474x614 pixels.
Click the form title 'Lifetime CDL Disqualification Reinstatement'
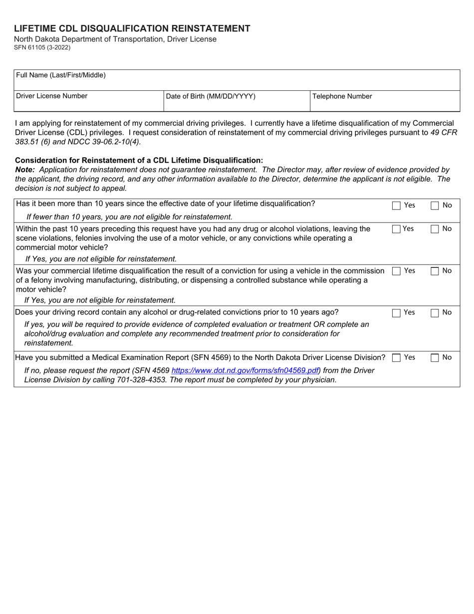click(x=132, y=28)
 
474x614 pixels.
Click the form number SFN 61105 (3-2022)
click(x=42, y=48)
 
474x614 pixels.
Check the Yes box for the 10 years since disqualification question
click(x=397, y=205)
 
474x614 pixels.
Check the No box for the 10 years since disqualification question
click(x=435, y=205)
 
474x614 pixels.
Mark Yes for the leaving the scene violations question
click(x=397, y=229)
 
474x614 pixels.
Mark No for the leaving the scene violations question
click(x=435, y=229)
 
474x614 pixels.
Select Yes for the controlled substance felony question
click(x=397, y=271)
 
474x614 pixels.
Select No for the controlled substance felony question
click(x=435, y=271)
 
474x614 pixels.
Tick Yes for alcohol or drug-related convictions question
click(x=397, y=313)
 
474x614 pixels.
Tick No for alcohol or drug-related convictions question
click(x=435, y=313)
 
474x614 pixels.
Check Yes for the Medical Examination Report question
click(x=397, y=358)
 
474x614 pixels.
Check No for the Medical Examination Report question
click(x=435, y=358)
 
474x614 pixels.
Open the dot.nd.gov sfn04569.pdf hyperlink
click(x=245, y=370)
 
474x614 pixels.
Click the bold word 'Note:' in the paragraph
click(x=25, y=170)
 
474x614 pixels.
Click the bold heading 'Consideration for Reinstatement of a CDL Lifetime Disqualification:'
click(x=139, y=160)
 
